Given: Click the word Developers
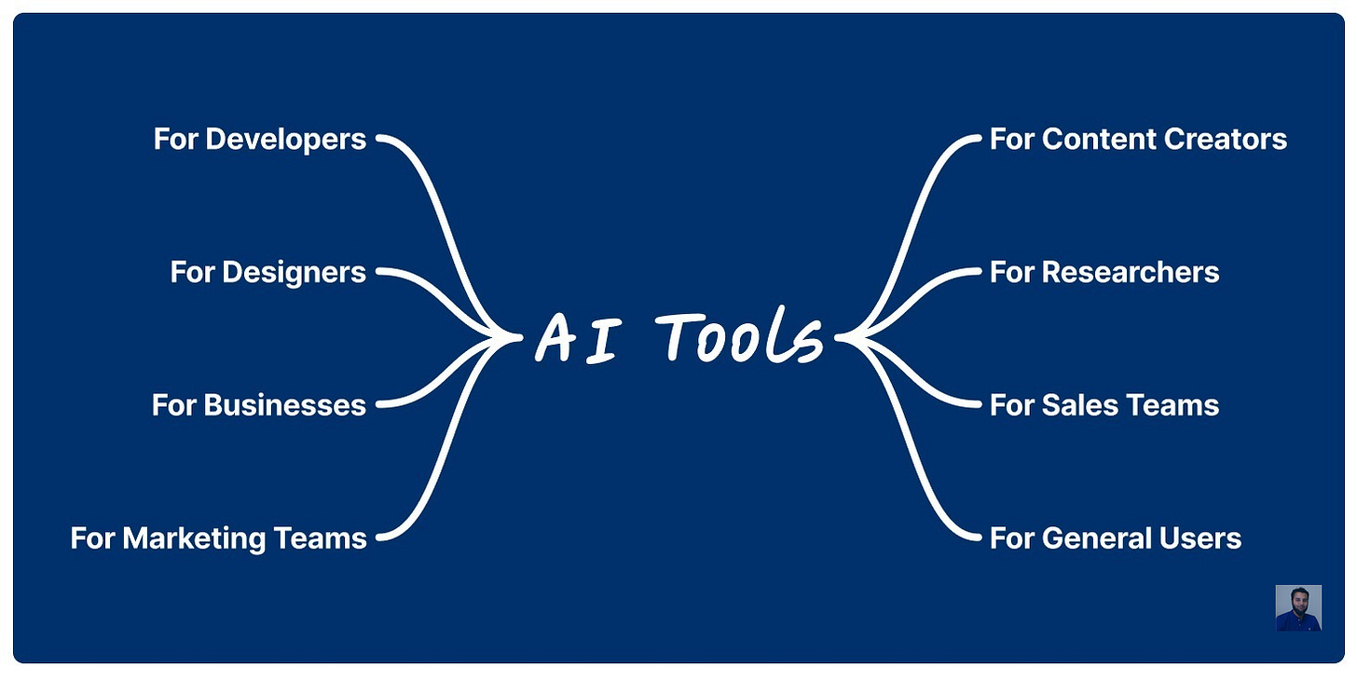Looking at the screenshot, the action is pos(285,140).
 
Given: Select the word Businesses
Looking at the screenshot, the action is pos(284,406).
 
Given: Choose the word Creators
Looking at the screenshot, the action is pos(1225,140).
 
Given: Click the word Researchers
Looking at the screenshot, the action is pos(1130,273).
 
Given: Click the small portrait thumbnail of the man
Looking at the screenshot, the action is pos(1298,608).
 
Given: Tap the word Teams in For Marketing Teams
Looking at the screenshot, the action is pos(320,539).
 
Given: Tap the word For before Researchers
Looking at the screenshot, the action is pos(1011,273).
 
